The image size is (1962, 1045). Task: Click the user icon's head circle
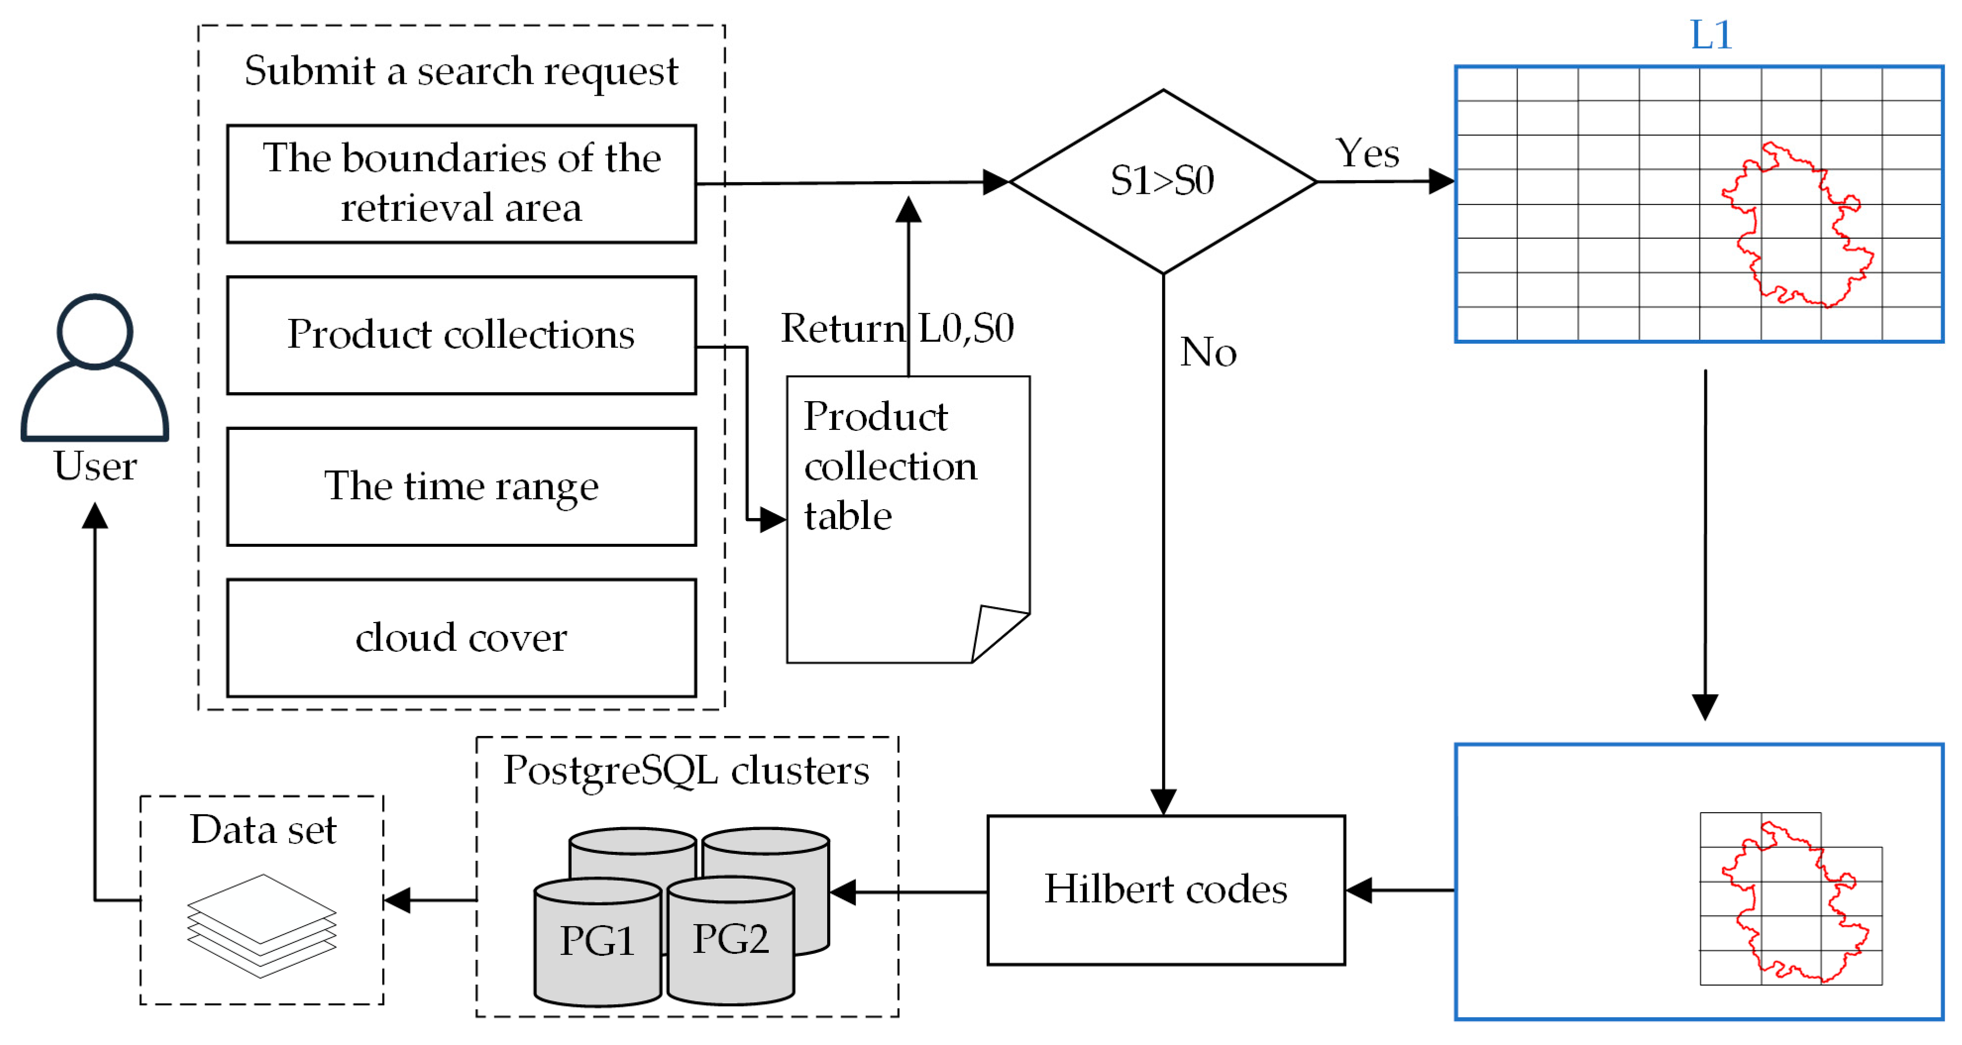pos(95,331)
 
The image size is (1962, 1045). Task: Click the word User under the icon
pos(95,466)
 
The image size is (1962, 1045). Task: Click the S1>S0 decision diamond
pos(1162,181)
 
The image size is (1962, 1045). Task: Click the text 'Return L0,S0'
pos(897,328)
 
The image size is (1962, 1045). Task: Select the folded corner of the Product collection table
pos(994,630)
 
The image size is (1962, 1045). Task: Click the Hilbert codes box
pos(1166,889)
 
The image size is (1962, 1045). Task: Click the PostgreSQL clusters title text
pos(686,770)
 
